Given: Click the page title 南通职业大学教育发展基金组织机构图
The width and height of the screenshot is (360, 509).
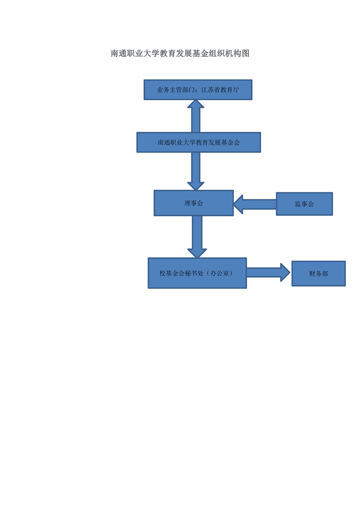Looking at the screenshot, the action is tap(180, 53).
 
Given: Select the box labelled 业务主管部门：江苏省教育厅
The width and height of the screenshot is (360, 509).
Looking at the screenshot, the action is tap(198, 89).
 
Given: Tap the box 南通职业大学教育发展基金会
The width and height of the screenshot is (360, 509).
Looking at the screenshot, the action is tap(198, 142).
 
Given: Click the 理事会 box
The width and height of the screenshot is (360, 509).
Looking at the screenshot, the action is tap(194, 203).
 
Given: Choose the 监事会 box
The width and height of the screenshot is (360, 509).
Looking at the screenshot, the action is tap(305, 204).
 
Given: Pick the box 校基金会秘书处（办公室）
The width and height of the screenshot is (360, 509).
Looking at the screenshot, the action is tap(197, 273).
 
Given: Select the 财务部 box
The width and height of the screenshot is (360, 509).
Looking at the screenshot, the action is tap(318, 274).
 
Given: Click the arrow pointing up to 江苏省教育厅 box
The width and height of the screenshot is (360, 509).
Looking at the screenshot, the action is tap(196, 116).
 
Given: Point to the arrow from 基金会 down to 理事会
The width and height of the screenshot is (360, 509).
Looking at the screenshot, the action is tap(196, 171).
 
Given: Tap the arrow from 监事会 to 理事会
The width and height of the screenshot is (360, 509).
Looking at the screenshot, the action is tap(255, 204).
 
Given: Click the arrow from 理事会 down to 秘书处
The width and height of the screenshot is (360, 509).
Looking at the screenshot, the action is tap(197, 237).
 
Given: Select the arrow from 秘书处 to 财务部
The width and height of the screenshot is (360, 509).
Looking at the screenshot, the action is tap(268, 272).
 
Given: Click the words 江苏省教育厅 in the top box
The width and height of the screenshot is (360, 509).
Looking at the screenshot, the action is tap(220, 90).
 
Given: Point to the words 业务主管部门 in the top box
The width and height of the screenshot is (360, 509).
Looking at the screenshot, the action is tap(176, 90).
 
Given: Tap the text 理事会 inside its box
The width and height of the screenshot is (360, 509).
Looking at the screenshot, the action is tap(194, 203).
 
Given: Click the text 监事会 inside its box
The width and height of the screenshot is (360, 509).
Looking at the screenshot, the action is tap(305, 204).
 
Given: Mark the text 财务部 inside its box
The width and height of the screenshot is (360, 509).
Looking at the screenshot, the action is tap(318, 274).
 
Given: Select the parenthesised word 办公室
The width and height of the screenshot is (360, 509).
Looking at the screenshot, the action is tap(220, 274).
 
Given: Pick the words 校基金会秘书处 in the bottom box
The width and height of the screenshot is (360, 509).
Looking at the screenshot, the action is tap(181, 274).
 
